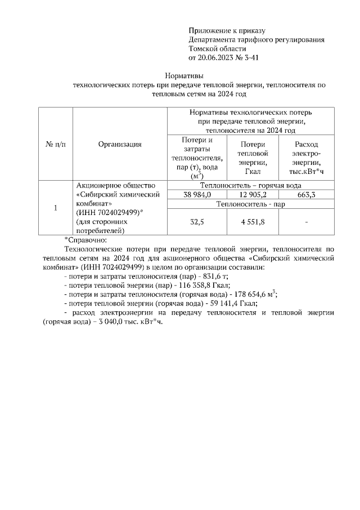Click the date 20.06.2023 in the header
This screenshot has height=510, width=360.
(x=217, y=58)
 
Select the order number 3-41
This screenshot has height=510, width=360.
(x=249, y=58)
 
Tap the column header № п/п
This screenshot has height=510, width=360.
(x=55, y=144)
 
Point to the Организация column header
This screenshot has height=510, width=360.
(x=120, y=144)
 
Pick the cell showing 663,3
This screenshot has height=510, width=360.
(x=305, y=195)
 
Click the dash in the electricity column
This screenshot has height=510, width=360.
(x=306, y=222)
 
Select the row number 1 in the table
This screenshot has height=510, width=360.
(x=55, y=208)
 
